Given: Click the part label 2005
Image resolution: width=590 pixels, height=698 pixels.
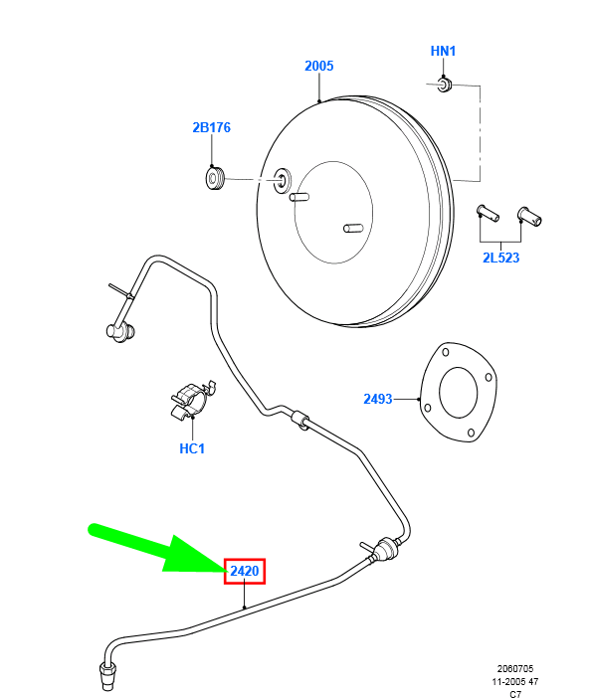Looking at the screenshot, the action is (318, 66).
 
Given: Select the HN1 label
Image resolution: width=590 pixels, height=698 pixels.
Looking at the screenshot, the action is (443, 51).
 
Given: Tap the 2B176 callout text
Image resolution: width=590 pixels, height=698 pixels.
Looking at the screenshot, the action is (212, 127).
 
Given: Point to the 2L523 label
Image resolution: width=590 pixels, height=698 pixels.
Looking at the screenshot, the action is (500, 258).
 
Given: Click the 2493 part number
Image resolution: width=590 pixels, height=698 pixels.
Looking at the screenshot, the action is (378, 399).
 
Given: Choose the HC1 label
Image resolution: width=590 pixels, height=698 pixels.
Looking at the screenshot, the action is (192, 448).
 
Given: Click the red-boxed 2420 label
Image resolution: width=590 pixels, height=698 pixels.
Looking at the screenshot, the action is (245, 571).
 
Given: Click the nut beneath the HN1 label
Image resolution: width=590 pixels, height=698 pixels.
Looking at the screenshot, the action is (444, 85).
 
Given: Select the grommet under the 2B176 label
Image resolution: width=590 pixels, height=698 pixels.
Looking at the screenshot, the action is (216, 178).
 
